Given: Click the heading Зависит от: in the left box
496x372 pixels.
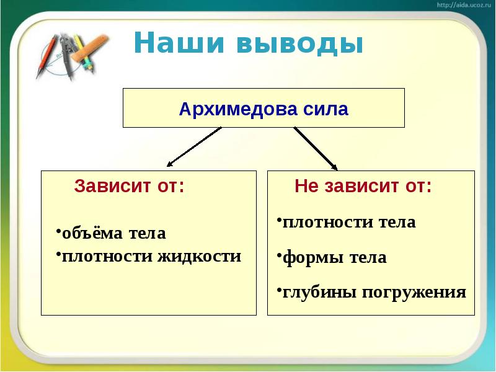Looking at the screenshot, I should [x=129, y=186].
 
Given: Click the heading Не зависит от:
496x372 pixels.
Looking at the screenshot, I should [x=363, y=186].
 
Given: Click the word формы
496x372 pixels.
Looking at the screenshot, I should [x=308, y=257].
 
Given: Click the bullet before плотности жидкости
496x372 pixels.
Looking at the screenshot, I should [x=58, y=254].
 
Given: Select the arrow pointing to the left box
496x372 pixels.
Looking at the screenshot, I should [x=193, y=148].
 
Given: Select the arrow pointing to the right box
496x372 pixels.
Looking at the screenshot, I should [x=316, y=149].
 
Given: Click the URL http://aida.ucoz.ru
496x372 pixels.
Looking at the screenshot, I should [x=464, y=5].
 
